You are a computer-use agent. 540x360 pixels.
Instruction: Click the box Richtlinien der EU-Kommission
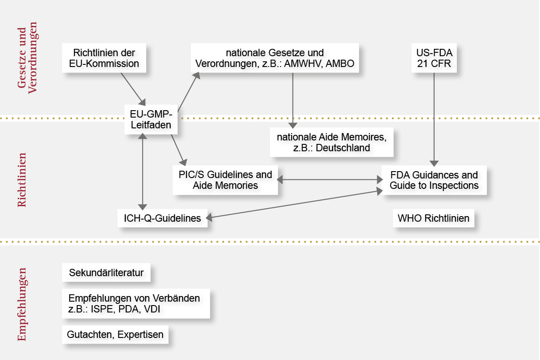(x=104, y=58)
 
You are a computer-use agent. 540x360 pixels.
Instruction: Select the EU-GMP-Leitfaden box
(x=151, y=120)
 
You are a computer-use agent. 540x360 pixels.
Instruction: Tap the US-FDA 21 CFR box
(x=434, y=58)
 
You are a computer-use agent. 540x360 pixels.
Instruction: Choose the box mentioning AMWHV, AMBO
(x=275, y=58)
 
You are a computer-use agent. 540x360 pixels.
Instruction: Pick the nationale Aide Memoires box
(x=331, y=142)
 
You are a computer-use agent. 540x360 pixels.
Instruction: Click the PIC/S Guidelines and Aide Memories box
(x=225, y=180)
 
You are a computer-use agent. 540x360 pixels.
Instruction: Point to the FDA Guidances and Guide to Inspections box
(x=434, y=180)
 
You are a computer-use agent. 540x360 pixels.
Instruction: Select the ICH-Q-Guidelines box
(x=162, y=218)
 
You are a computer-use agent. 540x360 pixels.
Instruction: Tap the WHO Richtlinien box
(x=433, y=218)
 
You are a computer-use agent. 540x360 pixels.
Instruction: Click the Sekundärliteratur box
(x=106, y=273)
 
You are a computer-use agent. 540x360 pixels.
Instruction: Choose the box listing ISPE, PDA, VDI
(x=136, y=304)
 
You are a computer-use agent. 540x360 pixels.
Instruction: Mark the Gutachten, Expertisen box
(x=115, y=335)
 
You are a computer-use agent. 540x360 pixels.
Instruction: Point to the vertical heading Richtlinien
(x=22, y=180)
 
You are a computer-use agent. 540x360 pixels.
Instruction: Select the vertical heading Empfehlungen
(x=22, y=304)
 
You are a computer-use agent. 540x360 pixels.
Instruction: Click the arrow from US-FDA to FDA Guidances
(x=434, y=119)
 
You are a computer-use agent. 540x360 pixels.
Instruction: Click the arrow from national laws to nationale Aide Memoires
(x=293, y=99)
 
